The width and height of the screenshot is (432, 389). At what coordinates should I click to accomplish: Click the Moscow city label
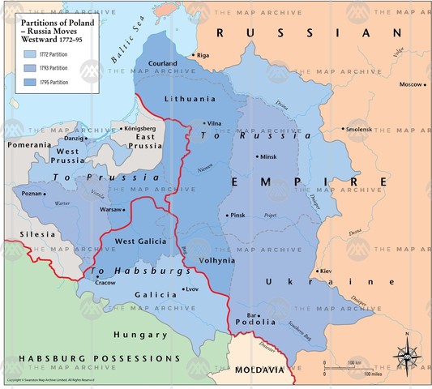tap(411, 84)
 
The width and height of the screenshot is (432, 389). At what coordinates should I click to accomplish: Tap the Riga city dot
tap(194, 55)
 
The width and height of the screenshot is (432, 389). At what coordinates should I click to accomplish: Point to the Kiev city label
tap(326, 271)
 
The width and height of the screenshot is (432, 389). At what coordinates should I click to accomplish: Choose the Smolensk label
tap(360, 130)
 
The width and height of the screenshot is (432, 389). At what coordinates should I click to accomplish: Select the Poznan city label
tap(32, 194)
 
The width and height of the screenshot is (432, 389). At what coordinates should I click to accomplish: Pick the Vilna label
tap(214, 123)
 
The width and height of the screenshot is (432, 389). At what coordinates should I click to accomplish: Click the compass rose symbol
tap(407, 357)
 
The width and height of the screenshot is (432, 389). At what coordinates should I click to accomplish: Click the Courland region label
tap(164, 62)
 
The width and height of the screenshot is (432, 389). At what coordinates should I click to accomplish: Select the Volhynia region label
tap(216, 261)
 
